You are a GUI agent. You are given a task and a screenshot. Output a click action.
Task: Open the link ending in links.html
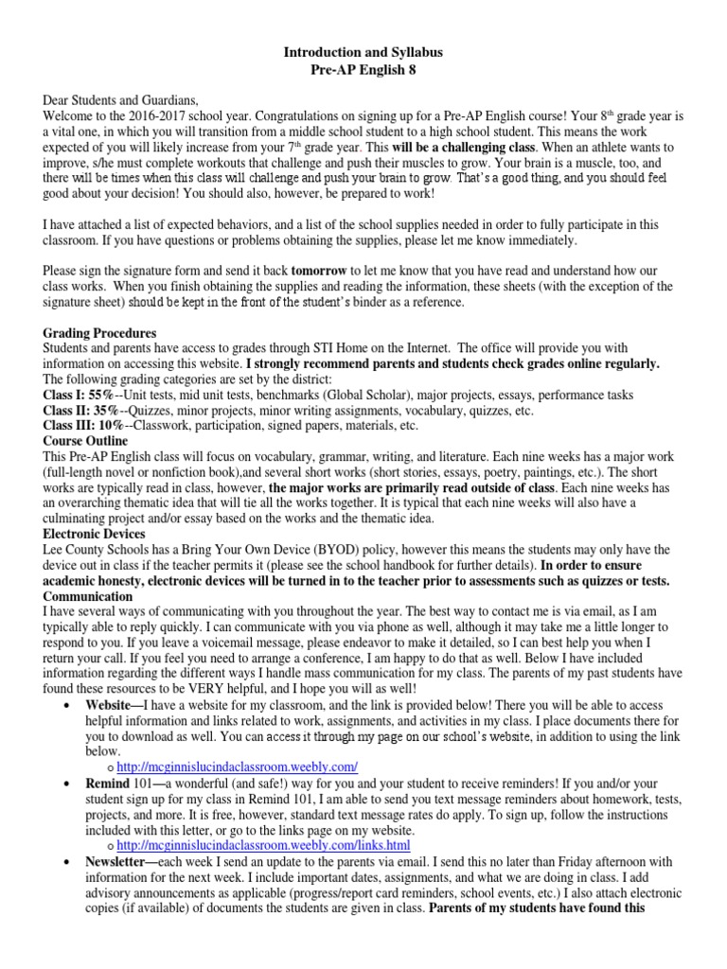click(x=264, y=843)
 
